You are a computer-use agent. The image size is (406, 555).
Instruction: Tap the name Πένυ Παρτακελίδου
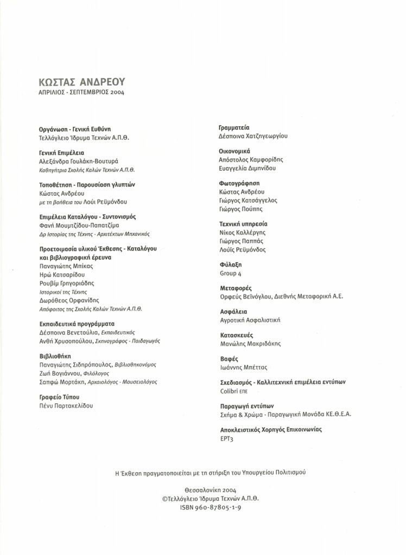(x=67, y=405)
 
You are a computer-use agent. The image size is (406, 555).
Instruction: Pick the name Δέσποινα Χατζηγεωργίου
(x=252, y=137)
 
